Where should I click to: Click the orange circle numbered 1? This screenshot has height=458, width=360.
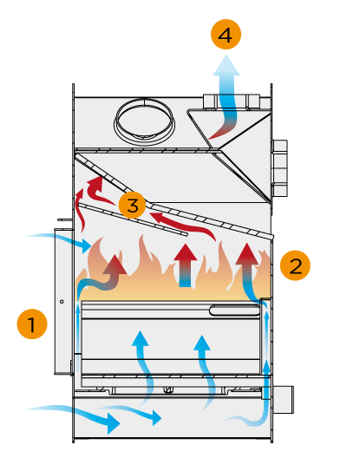tap(32, 324)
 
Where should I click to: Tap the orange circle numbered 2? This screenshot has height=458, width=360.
tap(295, 265)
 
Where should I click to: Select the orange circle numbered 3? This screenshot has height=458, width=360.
tap(133, 205)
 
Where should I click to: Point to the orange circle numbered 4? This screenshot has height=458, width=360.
tap(226, 34)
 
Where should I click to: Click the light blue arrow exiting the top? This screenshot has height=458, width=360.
tap(227, 96)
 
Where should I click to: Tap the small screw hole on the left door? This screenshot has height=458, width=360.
tap(62, 302)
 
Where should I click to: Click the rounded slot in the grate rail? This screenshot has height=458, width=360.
tap(234, 311)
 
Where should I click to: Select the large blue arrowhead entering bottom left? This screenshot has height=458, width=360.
tap(114, 423)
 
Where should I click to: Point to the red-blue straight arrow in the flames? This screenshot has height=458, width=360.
tap(186, 265)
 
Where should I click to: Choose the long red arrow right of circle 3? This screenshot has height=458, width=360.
tap(184, 225)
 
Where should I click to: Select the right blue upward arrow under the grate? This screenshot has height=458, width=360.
tap(206, 374)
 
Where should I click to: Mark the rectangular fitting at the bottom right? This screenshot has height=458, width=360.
tap(284, 400)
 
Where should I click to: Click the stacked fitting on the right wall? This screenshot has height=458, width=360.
tap(280, 168)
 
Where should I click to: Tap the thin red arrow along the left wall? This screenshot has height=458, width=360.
tap(81, 210)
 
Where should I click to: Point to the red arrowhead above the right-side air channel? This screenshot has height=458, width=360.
tap(247, 253)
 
